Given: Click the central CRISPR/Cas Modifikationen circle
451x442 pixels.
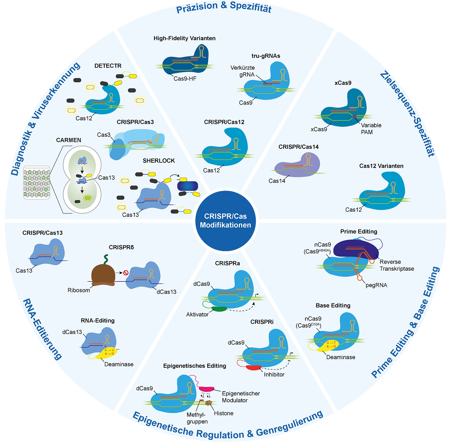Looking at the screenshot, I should (225, 220).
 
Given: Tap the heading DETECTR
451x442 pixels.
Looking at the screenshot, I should (108, 66).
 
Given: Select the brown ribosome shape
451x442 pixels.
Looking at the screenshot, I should (103, 273).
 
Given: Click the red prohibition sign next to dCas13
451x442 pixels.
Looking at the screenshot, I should (126, 273).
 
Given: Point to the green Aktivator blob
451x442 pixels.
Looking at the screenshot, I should (219, 309).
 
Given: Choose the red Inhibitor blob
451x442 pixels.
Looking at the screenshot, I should (254, 368).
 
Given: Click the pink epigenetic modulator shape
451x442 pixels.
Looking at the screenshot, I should (206, 389).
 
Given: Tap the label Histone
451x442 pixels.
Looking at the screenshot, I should (224, 413).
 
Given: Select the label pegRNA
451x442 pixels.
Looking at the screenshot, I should (376, 285).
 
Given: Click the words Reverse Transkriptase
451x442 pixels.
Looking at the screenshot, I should (396, 265).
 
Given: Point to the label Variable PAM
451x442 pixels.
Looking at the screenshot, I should (371, 129).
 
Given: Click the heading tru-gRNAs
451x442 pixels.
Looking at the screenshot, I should (266, 56).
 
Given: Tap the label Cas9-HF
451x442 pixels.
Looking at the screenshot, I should (185, 79).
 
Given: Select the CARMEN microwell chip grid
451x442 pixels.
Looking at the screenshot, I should (37, 182).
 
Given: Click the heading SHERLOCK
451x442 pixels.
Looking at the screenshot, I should (159, 161).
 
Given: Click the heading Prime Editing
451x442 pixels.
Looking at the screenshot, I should (358, 232).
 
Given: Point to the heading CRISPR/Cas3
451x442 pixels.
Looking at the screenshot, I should (135, 122).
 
